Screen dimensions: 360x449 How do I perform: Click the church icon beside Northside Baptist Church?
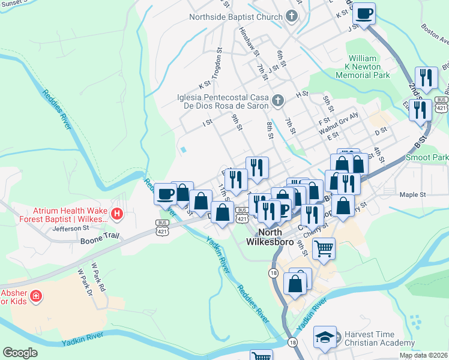[x=292, y=16]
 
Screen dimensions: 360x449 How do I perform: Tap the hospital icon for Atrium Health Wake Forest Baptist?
[x=117, y=212]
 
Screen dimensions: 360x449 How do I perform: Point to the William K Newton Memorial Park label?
[x=363, y=67]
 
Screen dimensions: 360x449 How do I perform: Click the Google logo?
[x=20, y=353]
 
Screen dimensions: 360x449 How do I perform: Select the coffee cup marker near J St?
[x=364, y=13]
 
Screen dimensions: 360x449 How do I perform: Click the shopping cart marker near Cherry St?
[x=324, y=248]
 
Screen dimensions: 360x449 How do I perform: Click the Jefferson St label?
[x=70, y=227]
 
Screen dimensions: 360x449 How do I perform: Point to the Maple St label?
[x=412, y=194]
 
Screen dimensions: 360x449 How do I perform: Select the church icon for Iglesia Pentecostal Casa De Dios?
[x=277, y=100]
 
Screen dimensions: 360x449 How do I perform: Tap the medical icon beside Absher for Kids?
[x=36, y=296]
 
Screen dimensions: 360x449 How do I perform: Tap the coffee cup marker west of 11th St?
[x=164, y=194]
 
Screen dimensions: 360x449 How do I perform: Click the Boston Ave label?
[x=435, y=35]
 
